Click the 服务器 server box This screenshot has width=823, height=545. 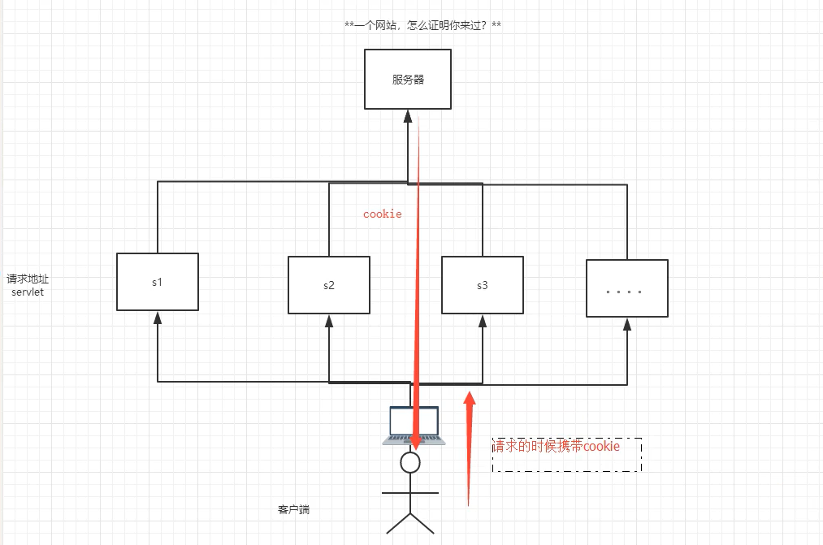tap(407, 79)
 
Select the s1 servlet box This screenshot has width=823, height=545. tap(158, 281)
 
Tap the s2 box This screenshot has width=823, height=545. tap(329, 285)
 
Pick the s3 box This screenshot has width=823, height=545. tap(483, 284)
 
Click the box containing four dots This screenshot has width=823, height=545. tap(627, 288)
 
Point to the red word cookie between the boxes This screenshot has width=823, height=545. tap(382, 214)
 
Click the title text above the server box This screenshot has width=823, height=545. tap(422, 26)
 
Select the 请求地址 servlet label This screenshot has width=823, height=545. tap(28, 285)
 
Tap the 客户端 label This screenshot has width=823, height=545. tap(293, 510)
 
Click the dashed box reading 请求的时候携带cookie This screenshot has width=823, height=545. tap(566, 455)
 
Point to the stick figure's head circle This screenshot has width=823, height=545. tap(410, 463)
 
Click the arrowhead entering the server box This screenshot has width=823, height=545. tap(408, 116)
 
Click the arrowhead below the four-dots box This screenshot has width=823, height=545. tap(627, 323)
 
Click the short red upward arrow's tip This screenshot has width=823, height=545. tap(469, 396)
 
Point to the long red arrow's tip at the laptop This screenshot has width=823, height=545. tap(414, 443)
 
